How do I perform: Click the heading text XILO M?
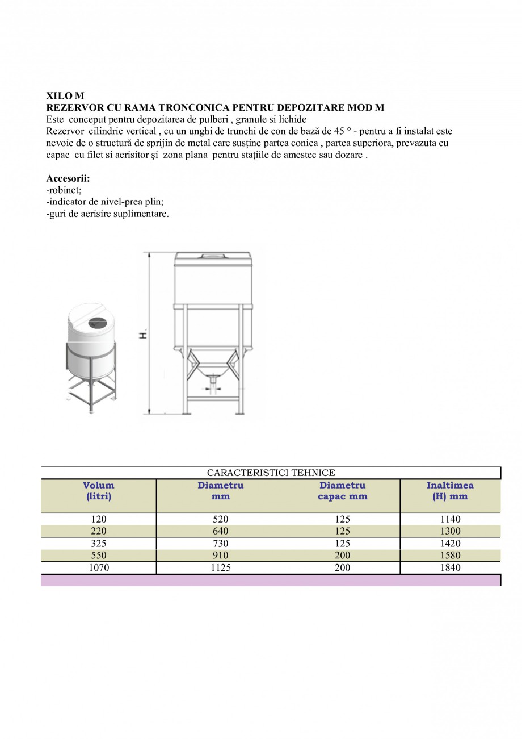click(x=65, y=96)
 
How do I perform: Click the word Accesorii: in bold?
click(x=68, y=178)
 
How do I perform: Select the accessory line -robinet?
click(x=64, y=190)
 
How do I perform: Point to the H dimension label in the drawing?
click(x=144, y=335)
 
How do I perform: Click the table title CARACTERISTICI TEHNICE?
click(x=271, y=473)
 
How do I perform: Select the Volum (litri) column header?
click(x=99, y=491)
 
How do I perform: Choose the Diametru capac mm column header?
click(x=342, y=491)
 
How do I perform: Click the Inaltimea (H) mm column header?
click(x=450, y=491)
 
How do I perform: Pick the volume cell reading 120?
click(x=99, y=519)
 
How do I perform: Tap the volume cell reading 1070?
click(x=99, y=567)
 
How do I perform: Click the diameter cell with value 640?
click(x=221, y=531)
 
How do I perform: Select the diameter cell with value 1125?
click(x=221, y=567)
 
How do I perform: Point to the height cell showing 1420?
click(x=450, y=543)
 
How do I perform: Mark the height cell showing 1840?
click(x=450, y=567)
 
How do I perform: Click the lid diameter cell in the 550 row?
click(x=342, y=555)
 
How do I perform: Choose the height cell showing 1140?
click(x=450, y=519)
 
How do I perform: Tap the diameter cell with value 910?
click(x=221, y=555)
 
